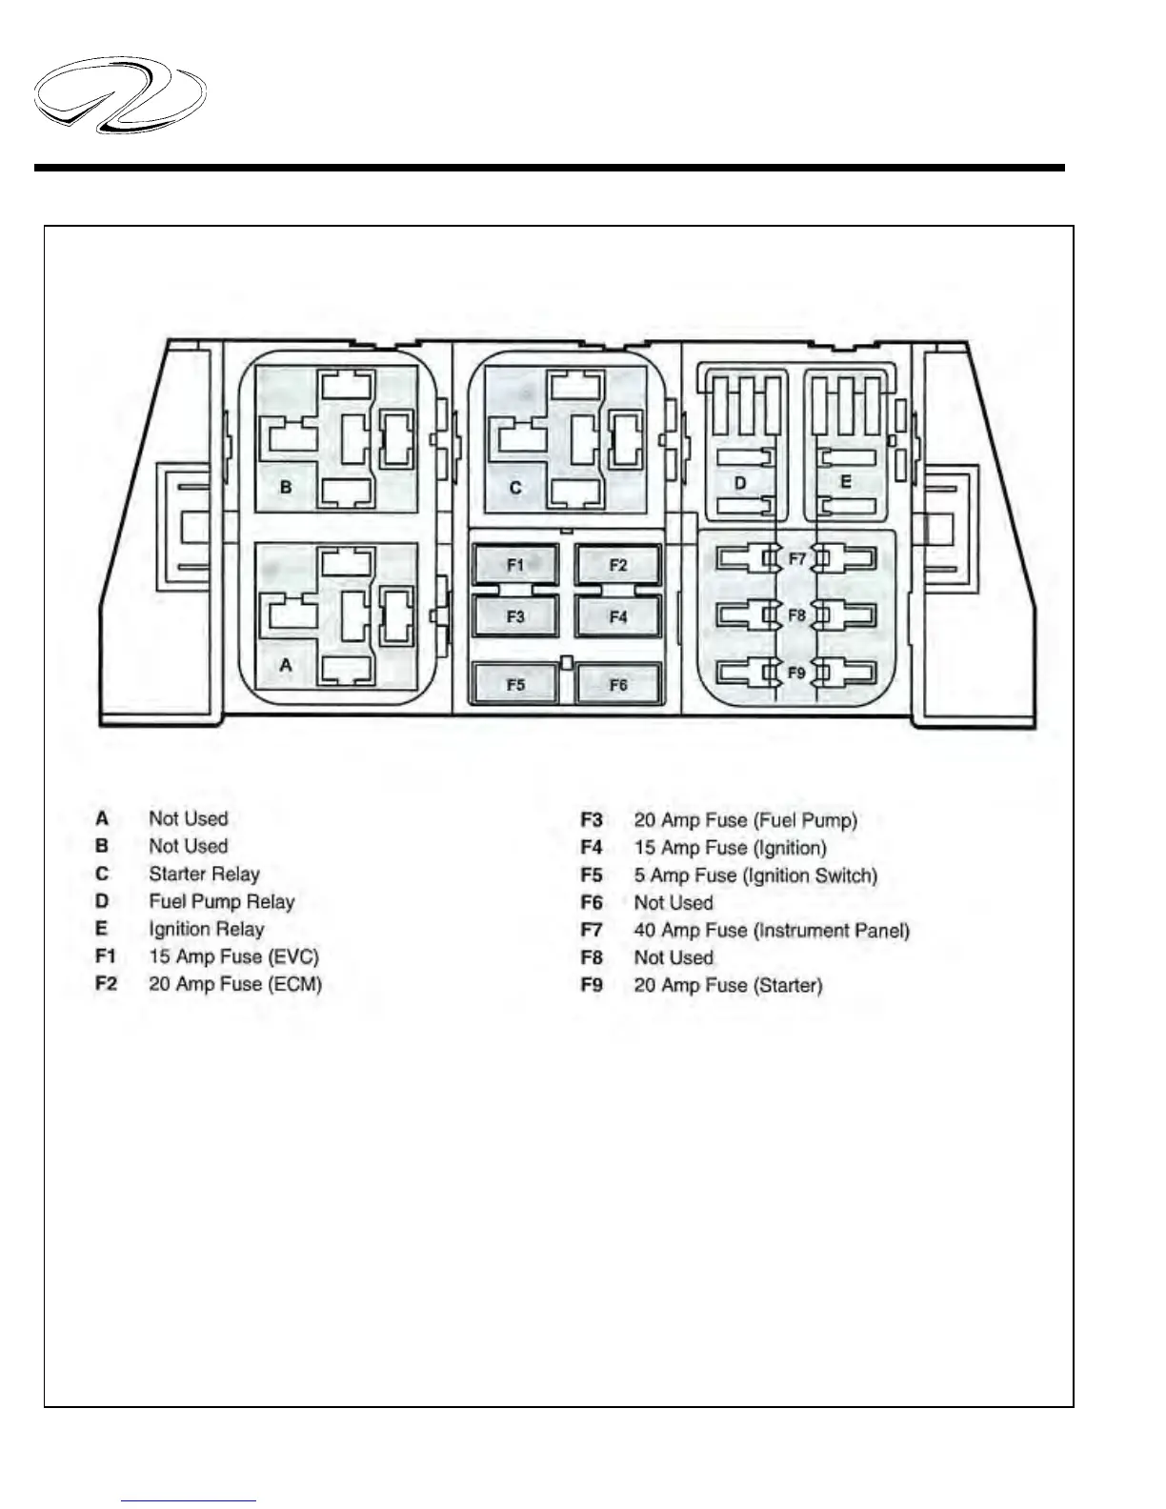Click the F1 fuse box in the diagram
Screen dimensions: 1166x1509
click(515, 565)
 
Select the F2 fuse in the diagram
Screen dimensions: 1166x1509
click(618, 565)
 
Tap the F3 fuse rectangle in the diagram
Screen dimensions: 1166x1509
click(515, 616)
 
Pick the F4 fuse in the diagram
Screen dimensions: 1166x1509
click(618, 616)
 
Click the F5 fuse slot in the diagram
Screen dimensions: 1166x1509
click(515, 684)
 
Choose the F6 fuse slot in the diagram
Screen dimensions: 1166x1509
click(618, 684)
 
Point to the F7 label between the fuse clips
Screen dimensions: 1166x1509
click(796, 558)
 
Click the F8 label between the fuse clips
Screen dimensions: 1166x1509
click(796, 615)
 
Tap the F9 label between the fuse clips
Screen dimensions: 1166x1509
click(796, 673)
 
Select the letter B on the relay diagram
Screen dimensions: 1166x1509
click(286, 487)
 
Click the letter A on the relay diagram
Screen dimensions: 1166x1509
click(286, 666)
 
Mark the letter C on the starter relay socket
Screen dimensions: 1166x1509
click(515, 488)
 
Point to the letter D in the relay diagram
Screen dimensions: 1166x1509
click(740, 483)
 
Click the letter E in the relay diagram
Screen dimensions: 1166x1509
click(845, 483)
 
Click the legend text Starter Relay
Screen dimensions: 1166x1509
click(204, 874)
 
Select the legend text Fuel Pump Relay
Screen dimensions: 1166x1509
click(222, 901)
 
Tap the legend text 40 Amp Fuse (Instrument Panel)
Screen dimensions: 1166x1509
click(772, 930)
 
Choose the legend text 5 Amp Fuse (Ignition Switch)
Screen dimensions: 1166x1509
click(755, 875)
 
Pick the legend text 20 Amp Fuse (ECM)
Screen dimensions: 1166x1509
click(235, 984)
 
